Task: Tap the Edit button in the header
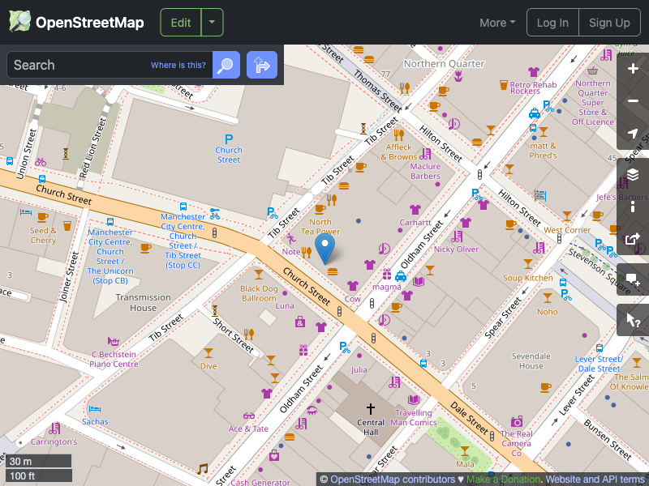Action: (x=181, y=23)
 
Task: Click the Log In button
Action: (x=552, y=23)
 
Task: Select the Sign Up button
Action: (x=609, y=23)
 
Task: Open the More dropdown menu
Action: (x=497, y=23)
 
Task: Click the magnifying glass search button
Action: (x=226, y=65)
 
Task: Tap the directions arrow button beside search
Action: (x=262, y=65)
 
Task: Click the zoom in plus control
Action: (x=634, y=69)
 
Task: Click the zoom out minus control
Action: (x=634, y=101)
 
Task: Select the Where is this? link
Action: (x=178, y=66)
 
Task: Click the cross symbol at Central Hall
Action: (x=371, y=409)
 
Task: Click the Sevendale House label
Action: (x=531, y=360)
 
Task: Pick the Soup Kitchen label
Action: (x=527, y=278)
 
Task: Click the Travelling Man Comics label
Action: (x=414, y=417)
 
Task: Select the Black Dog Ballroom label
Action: (x=259, y=293)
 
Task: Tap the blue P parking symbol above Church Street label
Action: (x=229, y=139)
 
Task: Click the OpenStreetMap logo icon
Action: (x=19, y=22)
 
